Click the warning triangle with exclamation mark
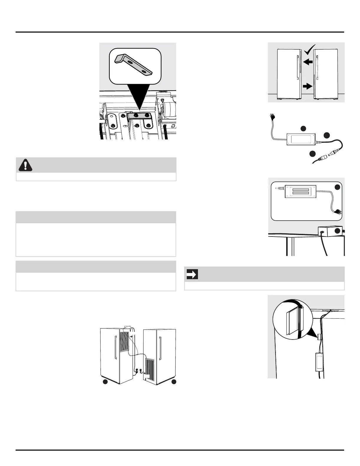click(25, 165)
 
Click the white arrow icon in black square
click(192, 274)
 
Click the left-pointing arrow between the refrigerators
click(308, 62)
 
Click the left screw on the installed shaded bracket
click(136, 116)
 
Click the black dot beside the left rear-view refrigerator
click(105, 382)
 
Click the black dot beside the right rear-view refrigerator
click(174, 382)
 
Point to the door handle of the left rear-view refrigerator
click(115, 348)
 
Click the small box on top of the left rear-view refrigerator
click(128, 327)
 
